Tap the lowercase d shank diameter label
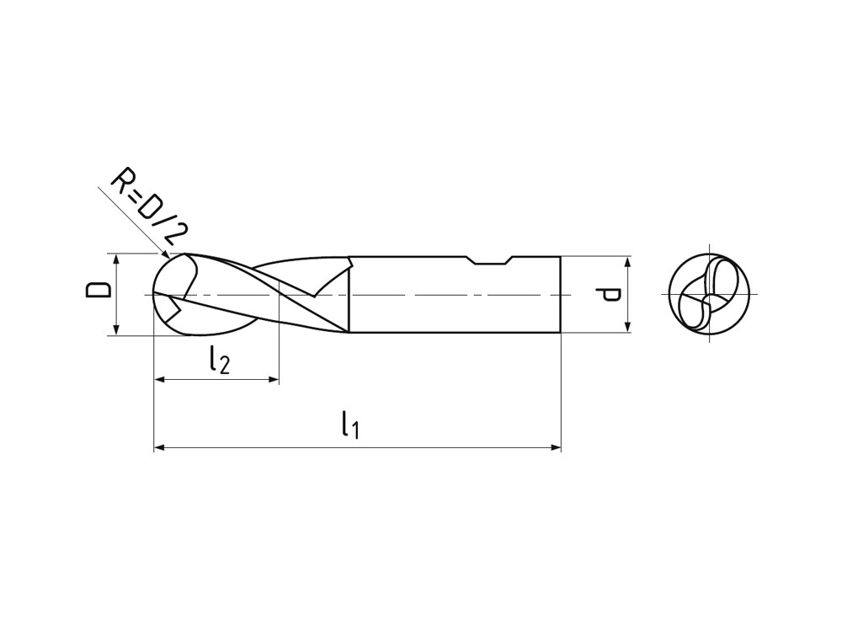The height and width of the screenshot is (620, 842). (x=611, y=294)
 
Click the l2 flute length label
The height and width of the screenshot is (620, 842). (x=218, y=360)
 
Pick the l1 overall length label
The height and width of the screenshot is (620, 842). (x=350, y=425)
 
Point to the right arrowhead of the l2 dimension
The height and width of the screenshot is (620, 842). (x=273, y=380)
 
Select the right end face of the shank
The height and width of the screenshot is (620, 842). (x=560, y=295)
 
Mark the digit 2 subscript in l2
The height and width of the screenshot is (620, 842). (x=223, y=364)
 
